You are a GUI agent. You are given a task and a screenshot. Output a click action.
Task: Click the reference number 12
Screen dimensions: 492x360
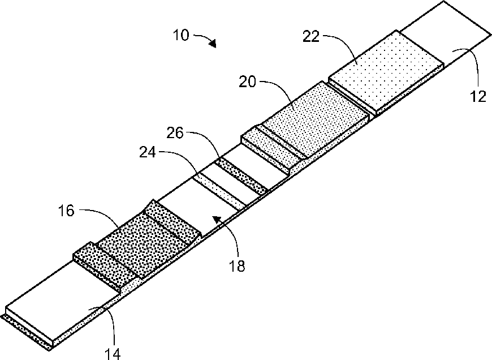point(478,96)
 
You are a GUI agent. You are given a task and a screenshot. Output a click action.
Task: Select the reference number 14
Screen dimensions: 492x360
point(113,354)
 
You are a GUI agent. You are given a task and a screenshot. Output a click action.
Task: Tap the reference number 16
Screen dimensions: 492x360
point(66,212)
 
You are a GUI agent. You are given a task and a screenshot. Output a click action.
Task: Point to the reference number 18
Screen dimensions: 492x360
point(238,265)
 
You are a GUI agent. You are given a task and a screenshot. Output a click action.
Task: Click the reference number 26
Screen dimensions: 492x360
point(176,134)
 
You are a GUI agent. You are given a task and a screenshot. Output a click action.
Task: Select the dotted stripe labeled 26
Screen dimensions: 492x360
point(241,177)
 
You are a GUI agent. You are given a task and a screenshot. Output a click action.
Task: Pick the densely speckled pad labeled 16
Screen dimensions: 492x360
point(144,238)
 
